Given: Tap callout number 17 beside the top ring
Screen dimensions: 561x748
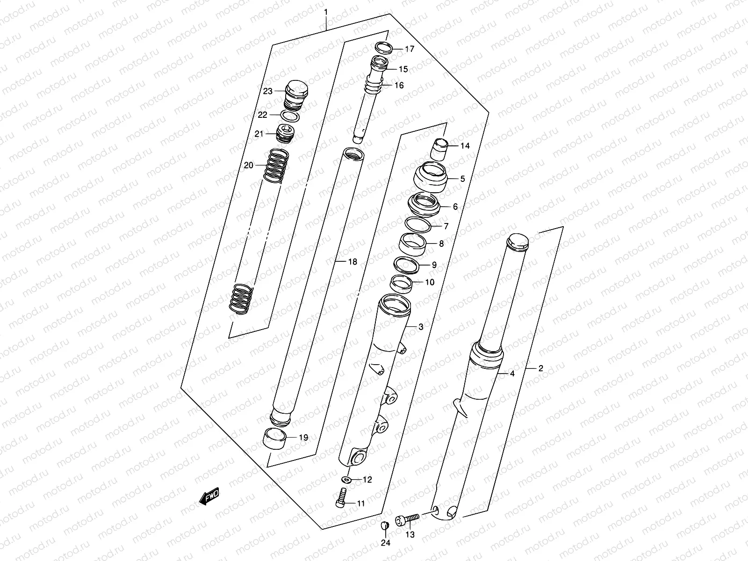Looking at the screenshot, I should point(410,49).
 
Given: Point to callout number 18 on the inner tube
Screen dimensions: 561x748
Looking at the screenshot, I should point(352,262).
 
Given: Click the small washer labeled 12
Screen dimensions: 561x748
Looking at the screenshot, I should point(346,480).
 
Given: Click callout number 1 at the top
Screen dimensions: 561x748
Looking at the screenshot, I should point(326,12).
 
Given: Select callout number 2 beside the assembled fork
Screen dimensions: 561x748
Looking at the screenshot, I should point(540,368).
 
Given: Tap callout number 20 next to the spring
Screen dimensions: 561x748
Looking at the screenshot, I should point(248,165).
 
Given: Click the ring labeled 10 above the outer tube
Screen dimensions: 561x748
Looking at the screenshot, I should point(401,283).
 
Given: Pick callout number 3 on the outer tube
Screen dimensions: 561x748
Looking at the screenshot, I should point(421,327).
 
